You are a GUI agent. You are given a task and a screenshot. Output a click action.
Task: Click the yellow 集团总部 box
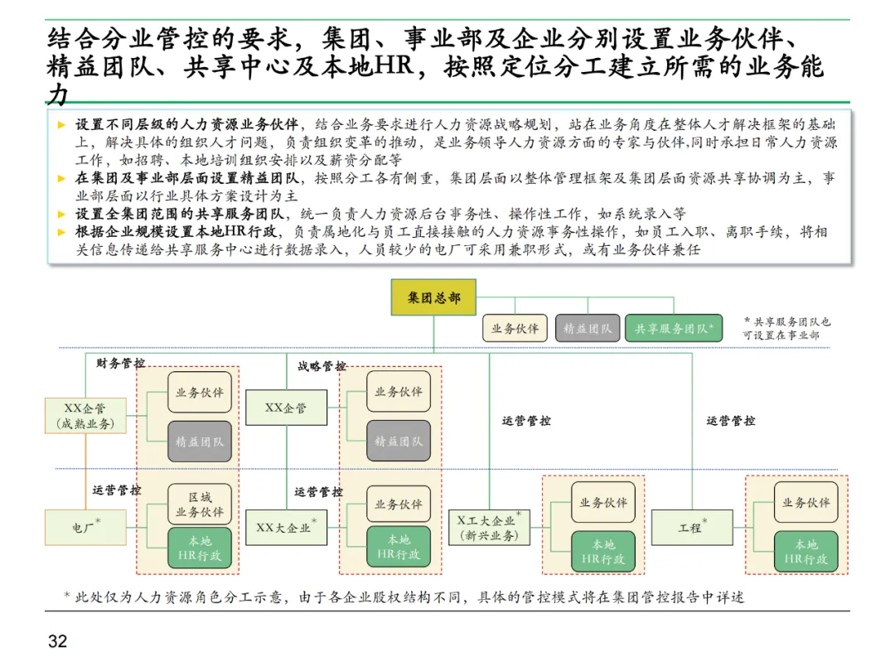433,297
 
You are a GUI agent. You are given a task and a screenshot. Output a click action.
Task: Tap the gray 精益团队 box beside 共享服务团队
588,328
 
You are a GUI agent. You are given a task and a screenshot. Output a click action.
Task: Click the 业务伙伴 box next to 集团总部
515,328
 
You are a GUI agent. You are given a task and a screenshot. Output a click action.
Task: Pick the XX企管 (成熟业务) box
85,416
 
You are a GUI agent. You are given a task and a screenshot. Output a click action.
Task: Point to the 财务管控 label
120,363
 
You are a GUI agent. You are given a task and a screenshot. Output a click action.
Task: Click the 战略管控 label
322,365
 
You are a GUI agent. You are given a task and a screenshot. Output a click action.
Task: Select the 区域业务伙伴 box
200,504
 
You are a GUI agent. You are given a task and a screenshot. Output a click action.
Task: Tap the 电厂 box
85,527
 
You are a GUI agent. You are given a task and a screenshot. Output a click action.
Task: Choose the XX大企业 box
286,528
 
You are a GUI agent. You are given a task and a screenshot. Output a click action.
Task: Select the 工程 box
692,527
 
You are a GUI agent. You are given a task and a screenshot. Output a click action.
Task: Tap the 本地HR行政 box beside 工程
805,552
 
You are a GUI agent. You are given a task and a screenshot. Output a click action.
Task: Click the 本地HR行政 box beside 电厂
200,548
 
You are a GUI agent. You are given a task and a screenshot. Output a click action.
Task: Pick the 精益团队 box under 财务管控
200,442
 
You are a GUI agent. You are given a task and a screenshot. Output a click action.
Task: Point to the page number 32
57,642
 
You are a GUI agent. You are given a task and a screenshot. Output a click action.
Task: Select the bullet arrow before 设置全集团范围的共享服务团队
61,214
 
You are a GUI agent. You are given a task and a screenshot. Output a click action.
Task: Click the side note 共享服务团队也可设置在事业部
786,328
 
